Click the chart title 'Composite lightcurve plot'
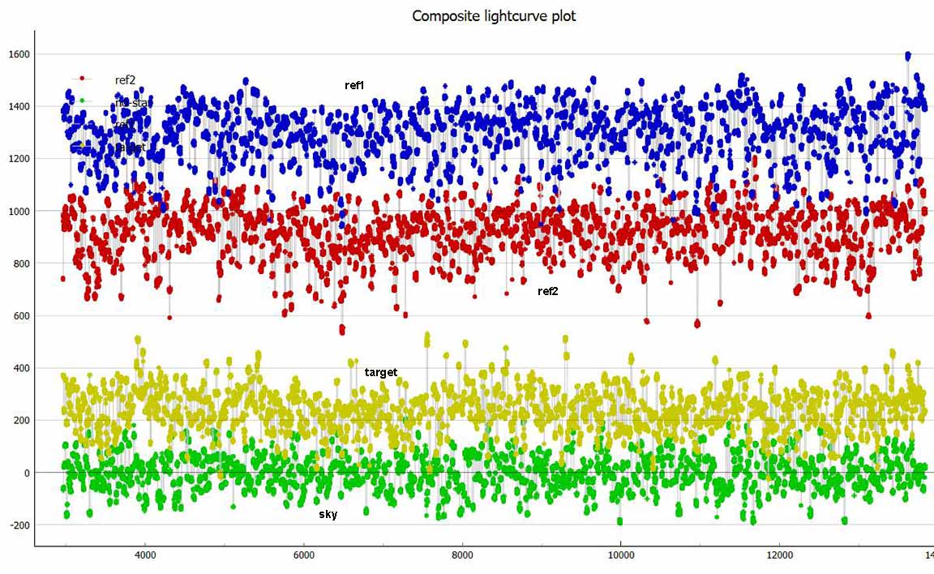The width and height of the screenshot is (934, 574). (494, 16)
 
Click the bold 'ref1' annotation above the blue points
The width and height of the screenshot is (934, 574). (355, 85)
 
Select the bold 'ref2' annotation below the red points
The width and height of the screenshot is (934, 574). (548, 291)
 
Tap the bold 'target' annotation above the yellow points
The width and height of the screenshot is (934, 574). (381, 372)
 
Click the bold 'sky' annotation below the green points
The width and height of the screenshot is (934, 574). (328, 514)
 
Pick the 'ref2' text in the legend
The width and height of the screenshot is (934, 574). (126, 79)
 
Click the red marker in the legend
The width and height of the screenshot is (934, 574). (82, 79)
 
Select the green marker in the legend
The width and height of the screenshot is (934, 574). (82, 101)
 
